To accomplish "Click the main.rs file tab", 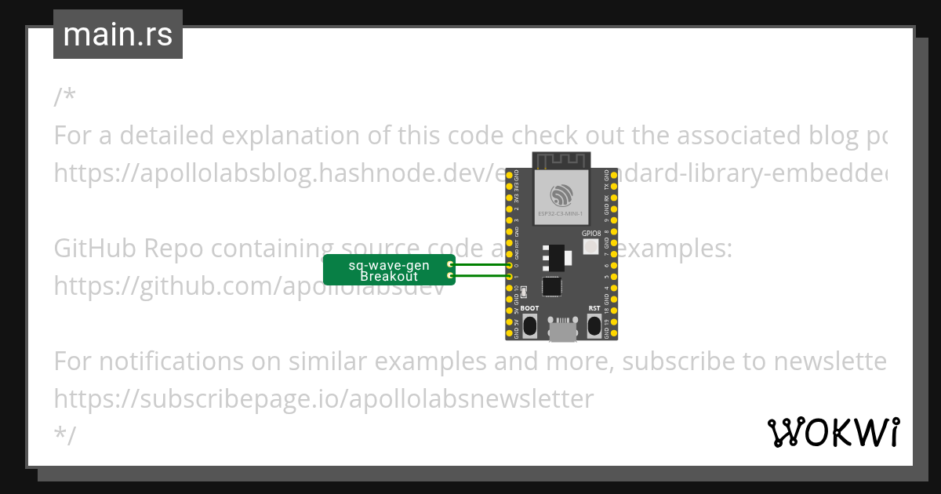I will click(x=118, y=35).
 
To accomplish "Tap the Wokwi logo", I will click(x=833, y=432).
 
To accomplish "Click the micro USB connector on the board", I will click(x=561, y=331).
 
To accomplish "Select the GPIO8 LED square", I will click(x=591, y=247).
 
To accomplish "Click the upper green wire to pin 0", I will click(x=480, y=265).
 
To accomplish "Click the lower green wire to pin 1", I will click(x=480, y=276).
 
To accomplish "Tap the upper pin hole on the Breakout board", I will click(x=449, y=265).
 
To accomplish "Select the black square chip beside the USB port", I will click(x=553, y=287).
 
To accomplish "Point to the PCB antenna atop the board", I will click(x=561, y=161).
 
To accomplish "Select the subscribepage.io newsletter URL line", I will click(x=323, y=399).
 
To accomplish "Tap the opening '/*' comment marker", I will click(x=65, y=98).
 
